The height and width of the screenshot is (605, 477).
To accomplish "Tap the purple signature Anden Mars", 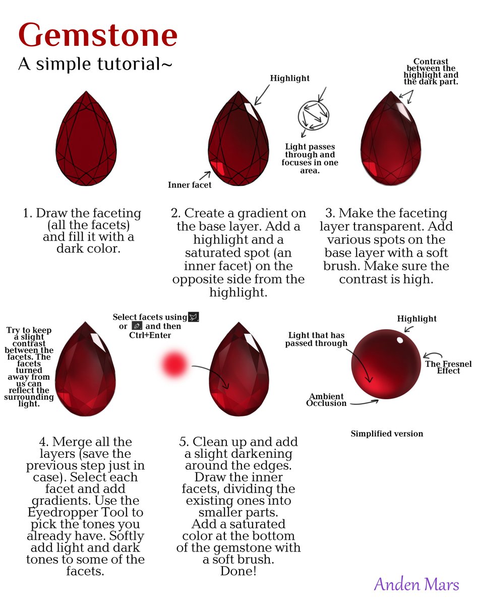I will point(416,584).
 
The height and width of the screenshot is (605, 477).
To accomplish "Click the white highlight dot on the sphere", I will point(400,340).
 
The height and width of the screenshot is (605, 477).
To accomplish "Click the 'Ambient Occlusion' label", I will point(326,400).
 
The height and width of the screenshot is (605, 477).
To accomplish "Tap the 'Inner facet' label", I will point(190,185).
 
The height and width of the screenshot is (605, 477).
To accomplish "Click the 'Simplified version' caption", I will point(387,434).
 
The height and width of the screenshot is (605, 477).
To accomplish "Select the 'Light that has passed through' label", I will point(316,339).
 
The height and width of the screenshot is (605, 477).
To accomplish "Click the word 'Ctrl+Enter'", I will point(150,335).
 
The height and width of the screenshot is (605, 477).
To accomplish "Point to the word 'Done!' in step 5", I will point(237,571).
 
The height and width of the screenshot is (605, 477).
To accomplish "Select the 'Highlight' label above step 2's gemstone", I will point(290,78).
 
